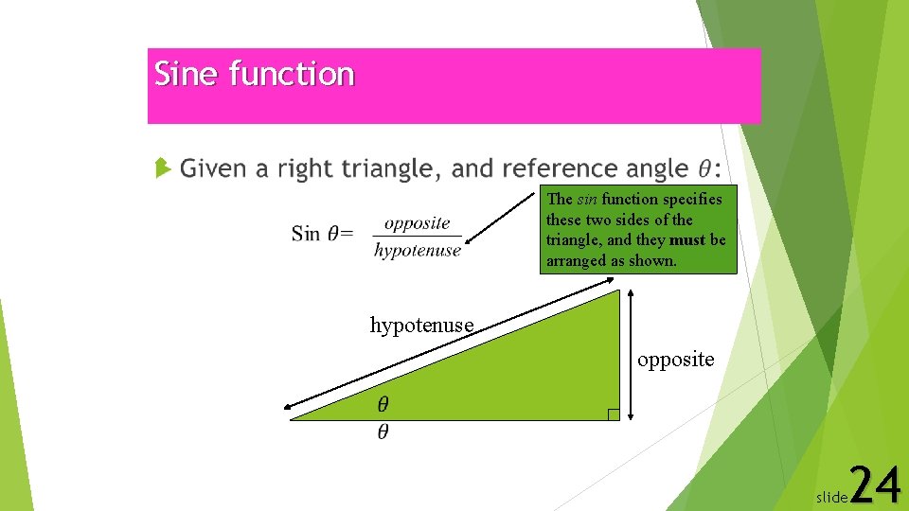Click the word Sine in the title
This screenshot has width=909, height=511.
187,74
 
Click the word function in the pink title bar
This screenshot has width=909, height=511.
292,74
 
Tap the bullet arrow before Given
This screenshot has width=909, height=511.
163,169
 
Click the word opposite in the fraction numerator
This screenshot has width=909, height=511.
418,223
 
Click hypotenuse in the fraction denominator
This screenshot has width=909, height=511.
418,251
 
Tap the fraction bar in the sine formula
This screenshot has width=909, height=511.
418,237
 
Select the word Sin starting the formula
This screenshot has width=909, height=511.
305,234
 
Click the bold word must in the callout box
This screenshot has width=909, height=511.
686,240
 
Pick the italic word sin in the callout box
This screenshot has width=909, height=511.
587,199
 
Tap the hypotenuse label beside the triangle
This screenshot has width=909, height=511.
421,326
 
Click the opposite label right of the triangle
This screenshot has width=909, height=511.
676,360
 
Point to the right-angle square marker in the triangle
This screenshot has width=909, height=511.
614,414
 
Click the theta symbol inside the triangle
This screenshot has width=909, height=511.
383,405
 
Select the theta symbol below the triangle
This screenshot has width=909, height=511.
383,432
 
